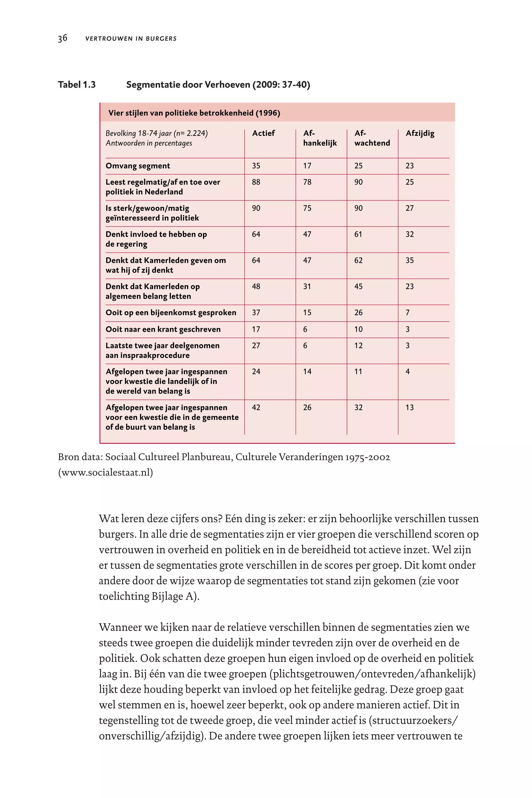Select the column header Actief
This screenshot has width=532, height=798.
pos(263,133)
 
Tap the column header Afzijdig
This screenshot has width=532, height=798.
pos(420,133)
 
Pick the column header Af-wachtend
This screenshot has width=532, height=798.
pos(372,138)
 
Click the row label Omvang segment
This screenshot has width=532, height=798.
pos(138,166)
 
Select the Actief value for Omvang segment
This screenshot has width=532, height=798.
pos(256,166)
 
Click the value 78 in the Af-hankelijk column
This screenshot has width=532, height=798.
pos(307,182)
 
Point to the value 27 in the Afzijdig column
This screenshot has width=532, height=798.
pos(409,208)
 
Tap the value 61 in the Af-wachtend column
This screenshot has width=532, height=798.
pos(358,235)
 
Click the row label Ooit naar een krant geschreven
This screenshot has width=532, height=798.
pos(163,329)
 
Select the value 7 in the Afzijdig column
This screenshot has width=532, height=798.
pos(408,313)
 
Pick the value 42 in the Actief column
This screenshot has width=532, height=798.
pos(256,408)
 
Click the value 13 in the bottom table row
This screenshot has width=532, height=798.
pos(409,408)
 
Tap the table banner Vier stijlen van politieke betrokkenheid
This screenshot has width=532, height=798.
pos(194,113)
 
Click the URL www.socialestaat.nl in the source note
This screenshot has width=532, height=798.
pos(105,472)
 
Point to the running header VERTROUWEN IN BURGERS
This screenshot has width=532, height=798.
pos(131,39)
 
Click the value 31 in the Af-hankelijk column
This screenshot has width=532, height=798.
pos(307,287)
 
